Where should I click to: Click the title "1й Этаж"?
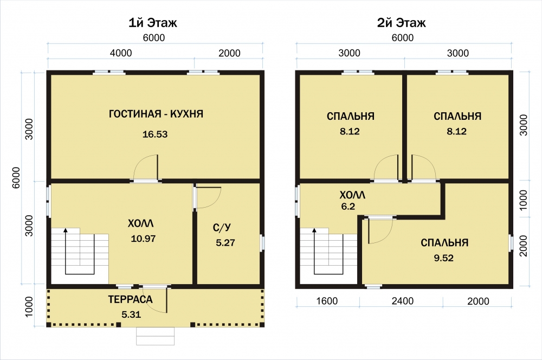click(x=153, y=23)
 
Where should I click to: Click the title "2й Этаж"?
click(x=401, y=23)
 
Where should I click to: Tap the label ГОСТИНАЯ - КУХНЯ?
click(x=156, y=114)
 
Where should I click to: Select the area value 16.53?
click(x=155, y=134)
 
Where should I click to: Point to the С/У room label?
click(x=222, y=228)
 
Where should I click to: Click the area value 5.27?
click(x=225, y=243)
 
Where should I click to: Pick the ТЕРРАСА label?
click(x=130, y=299)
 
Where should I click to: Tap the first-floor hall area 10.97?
click(x=143, y=239)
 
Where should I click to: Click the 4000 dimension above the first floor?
click(x=121, y=53)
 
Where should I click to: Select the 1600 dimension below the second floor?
click(x=327, y=301)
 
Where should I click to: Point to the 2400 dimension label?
click(x=402, y=301)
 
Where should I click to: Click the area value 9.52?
click(x=444, y=258)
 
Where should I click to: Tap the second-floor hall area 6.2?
click(x=348, y=207)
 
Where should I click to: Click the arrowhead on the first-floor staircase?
click(x=66, y=230)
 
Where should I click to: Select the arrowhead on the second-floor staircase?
click(x=314, y=230)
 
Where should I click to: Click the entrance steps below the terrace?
click(x=155, y=336)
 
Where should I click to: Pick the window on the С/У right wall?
click(x=262, y=243)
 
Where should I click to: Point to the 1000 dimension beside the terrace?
click(x=29, y=306)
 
